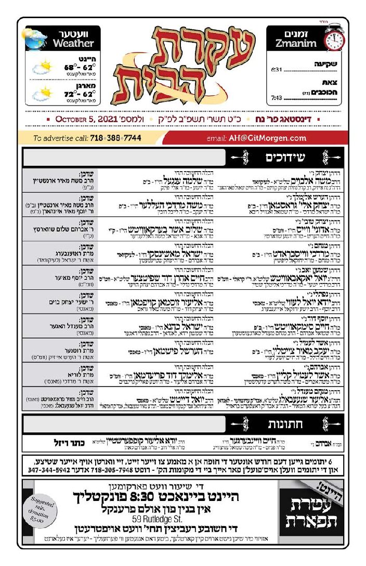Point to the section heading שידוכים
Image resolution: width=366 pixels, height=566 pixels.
285,157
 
